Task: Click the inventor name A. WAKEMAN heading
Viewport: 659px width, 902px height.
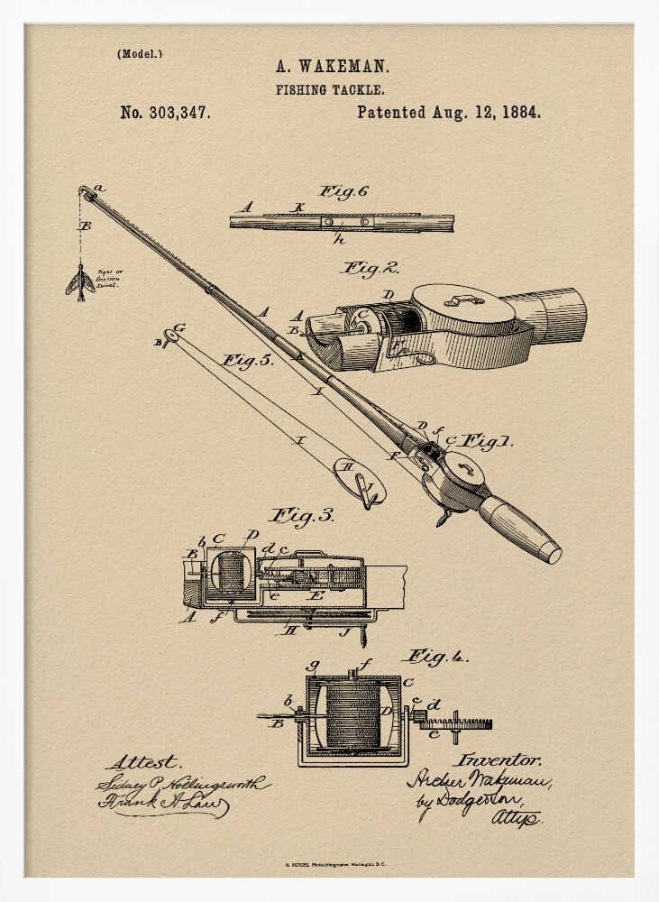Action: [332, 66]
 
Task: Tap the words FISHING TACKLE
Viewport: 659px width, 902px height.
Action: [330, 90]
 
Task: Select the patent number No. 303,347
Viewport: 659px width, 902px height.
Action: [165, 114]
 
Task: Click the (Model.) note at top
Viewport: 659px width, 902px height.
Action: [139, 53]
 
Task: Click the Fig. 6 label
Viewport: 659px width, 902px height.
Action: [343, 191]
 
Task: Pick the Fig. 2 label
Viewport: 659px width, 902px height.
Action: [370, 268]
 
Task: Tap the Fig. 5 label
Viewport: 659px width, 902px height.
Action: [247, 361]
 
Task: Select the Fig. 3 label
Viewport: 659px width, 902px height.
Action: [302, 516]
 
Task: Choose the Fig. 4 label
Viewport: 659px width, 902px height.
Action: [436, 657]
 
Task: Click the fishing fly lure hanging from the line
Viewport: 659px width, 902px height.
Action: [80, 281]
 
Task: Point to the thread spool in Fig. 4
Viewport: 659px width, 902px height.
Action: [352, 715]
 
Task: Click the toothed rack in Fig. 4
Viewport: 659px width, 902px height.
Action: [455, 723]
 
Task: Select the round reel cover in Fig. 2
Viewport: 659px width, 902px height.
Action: [462, 304]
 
